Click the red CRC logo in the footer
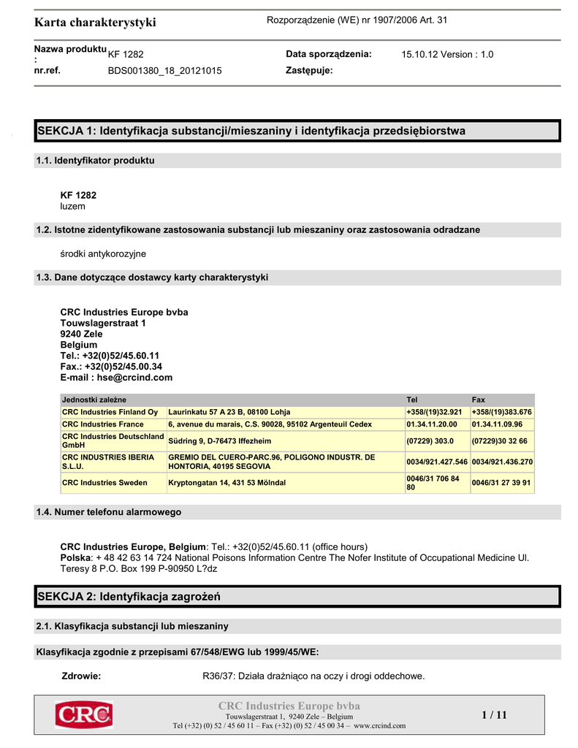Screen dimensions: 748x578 pos(83,714)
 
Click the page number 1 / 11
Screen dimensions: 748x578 pos(494,715)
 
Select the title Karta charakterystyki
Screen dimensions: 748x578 pos(95,23)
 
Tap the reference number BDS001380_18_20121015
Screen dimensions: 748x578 pos(164,71)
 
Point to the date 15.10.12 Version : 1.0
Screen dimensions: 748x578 pos(447,55)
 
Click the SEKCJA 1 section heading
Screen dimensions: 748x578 pos(251,131)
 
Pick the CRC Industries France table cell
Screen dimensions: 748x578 pos(103,424)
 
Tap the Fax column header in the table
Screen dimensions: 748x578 pos(479,400)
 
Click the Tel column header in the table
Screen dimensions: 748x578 pos(412,400)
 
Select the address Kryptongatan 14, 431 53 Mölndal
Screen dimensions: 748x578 pos(227,483)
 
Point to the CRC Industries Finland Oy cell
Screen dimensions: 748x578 pos(110,412)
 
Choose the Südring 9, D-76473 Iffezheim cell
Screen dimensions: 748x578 pos(219,441)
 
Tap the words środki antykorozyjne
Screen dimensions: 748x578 pos(103,253)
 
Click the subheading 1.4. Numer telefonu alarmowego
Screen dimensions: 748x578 pos(108,512)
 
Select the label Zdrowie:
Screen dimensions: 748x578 pos(81,676)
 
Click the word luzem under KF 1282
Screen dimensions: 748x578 pos(73,207)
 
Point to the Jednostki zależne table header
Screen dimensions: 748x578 pos(94,400)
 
